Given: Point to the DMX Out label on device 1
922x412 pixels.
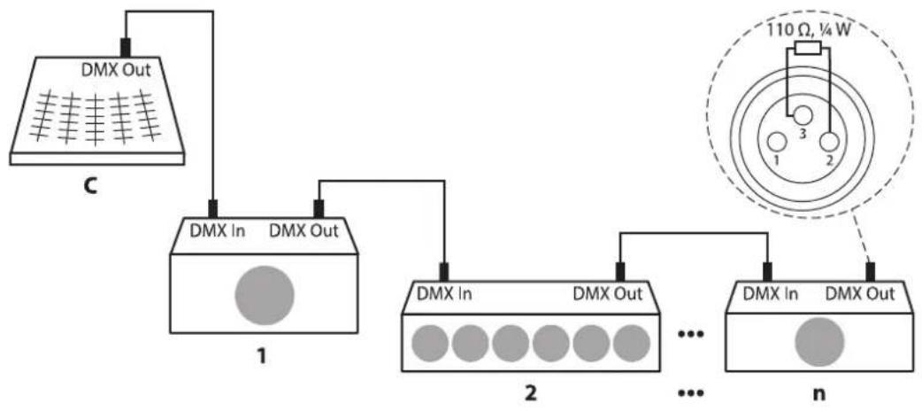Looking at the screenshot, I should click(x=303, y=231).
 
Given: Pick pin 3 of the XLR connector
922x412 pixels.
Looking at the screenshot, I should click(x=803, y=114).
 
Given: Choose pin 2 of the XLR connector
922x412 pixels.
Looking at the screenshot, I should click(x=830, y=143).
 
